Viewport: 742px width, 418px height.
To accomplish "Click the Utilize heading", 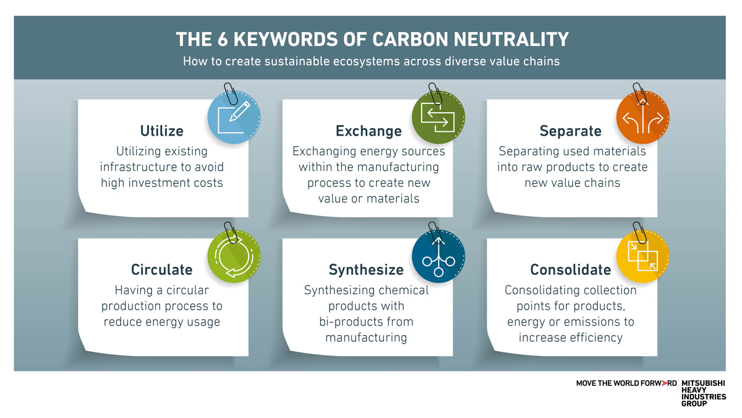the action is point(161,131).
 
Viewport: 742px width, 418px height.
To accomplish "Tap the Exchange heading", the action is point(369,131).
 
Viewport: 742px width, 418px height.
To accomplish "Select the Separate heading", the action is point(570,131).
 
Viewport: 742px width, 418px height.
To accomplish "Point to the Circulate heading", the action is point(161,269).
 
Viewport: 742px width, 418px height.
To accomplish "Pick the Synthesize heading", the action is point(366,270).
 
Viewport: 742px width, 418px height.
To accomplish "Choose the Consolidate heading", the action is point(570,269).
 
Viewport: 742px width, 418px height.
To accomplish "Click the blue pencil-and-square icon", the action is point(234,117).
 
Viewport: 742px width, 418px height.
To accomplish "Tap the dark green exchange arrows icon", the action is point(438,117).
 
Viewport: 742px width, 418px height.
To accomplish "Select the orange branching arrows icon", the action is point(642,117).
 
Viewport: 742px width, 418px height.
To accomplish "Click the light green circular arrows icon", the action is point(234,256).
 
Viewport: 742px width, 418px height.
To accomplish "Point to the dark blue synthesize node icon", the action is point(438,256).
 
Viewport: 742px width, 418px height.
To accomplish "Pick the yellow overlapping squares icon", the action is point(642,256).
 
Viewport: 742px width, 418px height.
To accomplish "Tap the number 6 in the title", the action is point(223,39).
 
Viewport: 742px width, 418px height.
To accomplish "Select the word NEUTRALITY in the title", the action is point(511,39).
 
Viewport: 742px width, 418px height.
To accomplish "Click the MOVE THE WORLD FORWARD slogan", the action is point(626,383).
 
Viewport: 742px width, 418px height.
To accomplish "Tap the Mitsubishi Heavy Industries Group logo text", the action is point(703,393).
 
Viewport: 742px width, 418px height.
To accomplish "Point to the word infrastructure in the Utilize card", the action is point(138,167).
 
